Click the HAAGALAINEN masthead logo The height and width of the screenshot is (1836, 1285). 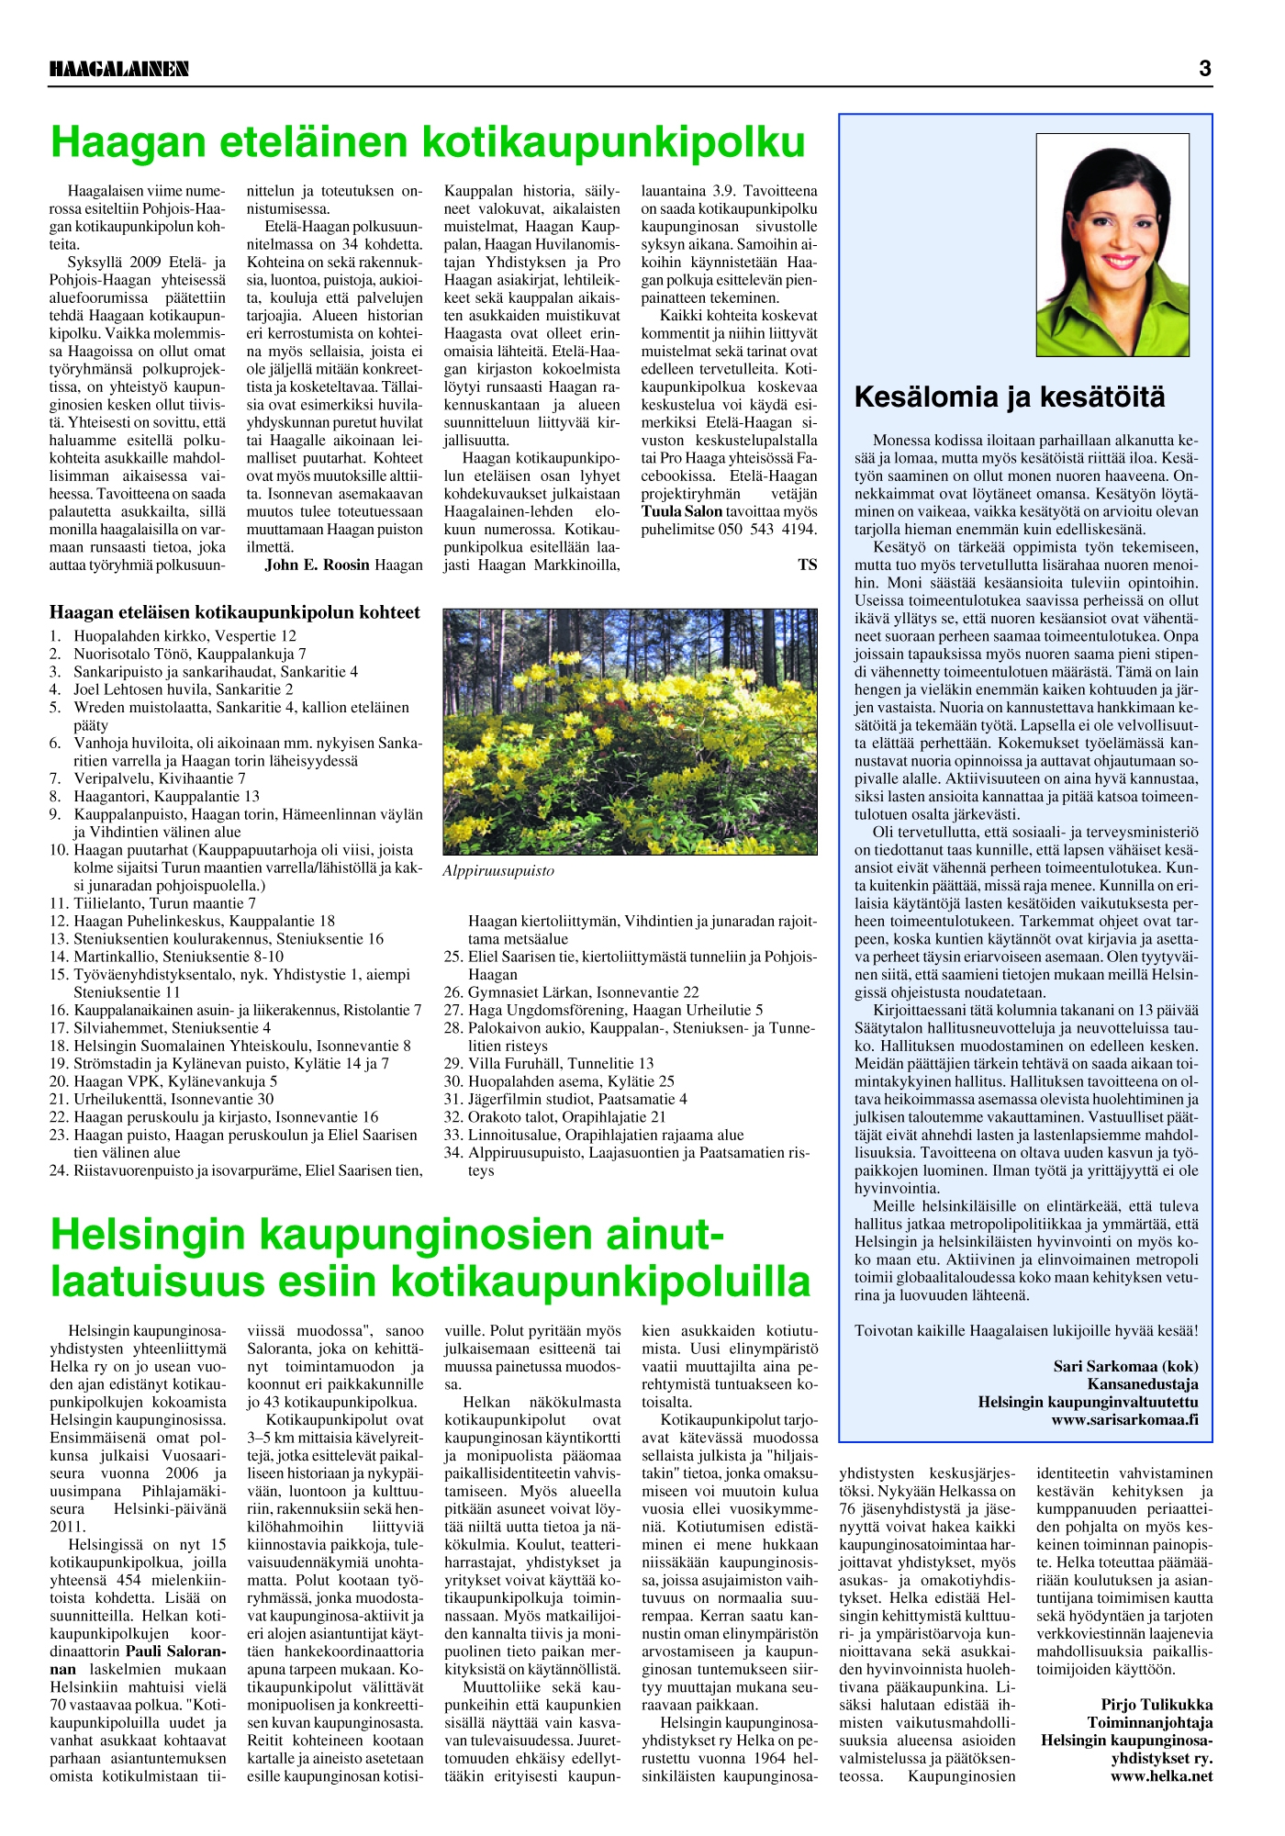[119, 69]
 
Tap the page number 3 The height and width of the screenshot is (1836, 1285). [1204, 68]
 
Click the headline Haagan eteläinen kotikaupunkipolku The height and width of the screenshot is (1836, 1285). [428, 142]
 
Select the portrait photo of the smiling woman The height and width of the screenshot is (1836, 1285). [1112, 244]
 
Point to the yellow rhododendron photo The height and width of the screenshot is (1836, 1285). [630, 732]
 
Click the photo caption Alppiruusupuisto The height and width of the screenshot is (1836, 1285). [498, 870]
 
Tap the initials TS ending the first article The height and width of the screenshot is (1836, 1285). [807, 565]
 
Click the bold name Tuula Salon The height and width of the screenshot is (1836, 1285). [682, 511]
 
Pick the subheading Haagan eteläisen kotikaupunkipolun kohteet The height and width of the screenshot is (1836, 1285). [235, 612]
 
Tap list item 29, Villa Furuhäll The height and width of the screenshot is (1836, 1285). [560, 1063]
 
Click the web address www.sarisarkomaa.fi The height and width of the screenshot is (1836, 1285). [1124, 1419]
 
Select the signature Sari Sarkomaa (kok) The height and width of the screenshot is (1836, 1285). [1125, 1366]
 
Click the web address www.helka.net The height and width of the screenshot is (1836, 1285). [1161, 1775]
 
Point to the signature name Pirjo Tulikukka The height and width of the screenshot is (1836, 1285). [1156, 1705]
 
